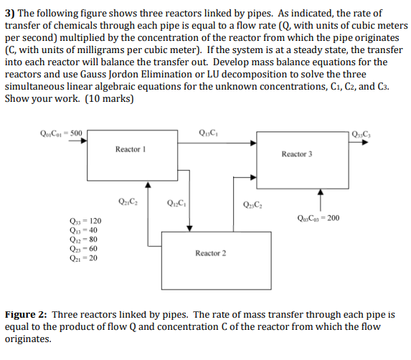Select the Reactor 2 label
[x=210, y=253]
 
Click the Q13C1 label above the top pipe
[x=205, y=131]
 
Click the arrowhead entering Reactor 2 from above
[x=189, y=227]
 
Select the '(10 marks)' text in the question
[x=108, y=99]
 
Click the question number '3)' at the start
[x=11, y=14]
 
